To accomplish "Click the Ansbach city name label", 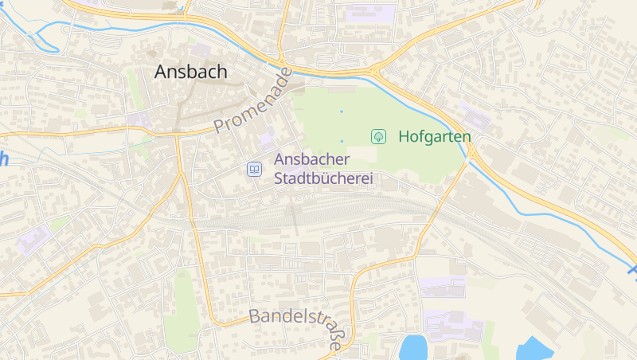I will pyautogui.click(x=190, y=72).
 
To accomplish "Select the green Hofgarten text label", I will pyautogui.click(x=435, y=136).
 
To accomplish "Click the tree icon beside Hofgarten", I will pyautogui.click(x=378, y=136).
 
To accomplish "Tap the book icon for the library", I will pyautogui.click(x=254, y=169).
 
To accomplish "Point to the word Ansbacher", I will pyautogui.click(x=312, y=160).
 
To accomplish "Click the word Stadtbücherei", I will pyautogui.click(x=323, y=179).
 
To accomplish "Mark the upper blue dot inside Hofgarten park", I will pyautogui.click(x=342, y=111).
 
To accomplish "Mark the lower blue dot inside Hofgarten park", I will pyautogui.click(x=342, y=141).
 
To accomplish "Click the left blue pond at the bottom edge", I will pyautogui.click(x=413, y=348).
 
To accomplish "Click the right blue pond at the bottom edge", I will pyautogui.click(x=534, y=350).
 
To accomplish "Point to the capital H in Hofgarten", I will pyautogui.click(x=404, y=136).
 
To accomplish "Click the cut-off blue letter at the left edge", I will pyautogui.click(x=3, y=158).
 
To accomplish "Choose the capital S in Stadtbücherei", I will pyautogui.click(x=279, y=179).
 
